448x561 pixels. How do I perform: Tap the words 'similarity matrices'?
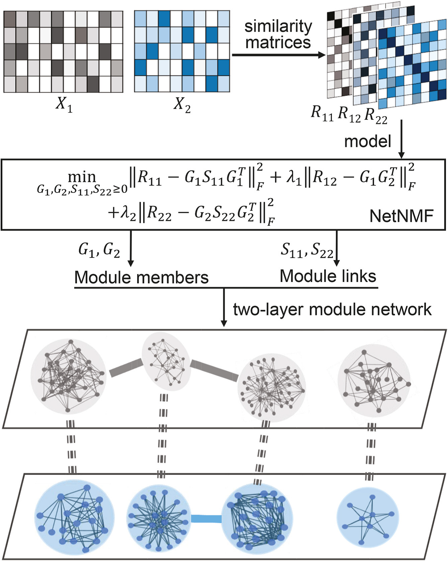pos(278,34)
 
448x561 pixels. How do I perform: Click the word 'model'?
pos(367,141)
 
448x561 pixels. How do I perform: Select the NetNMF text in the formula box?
pos(401,216)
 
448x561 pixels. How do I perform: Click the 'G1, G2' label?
pos(99,250)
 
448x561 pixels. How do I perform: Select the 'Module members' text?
pos(141,277)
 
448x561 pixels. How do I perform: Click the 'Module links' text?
pos(328,276)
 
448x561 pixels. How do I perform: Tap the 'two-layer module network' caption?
pos(332,309)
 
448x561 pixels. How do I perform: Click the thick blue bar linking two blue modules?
pos(206,519)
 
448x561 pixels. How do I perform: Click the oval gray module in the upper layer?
pos(166,362)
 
